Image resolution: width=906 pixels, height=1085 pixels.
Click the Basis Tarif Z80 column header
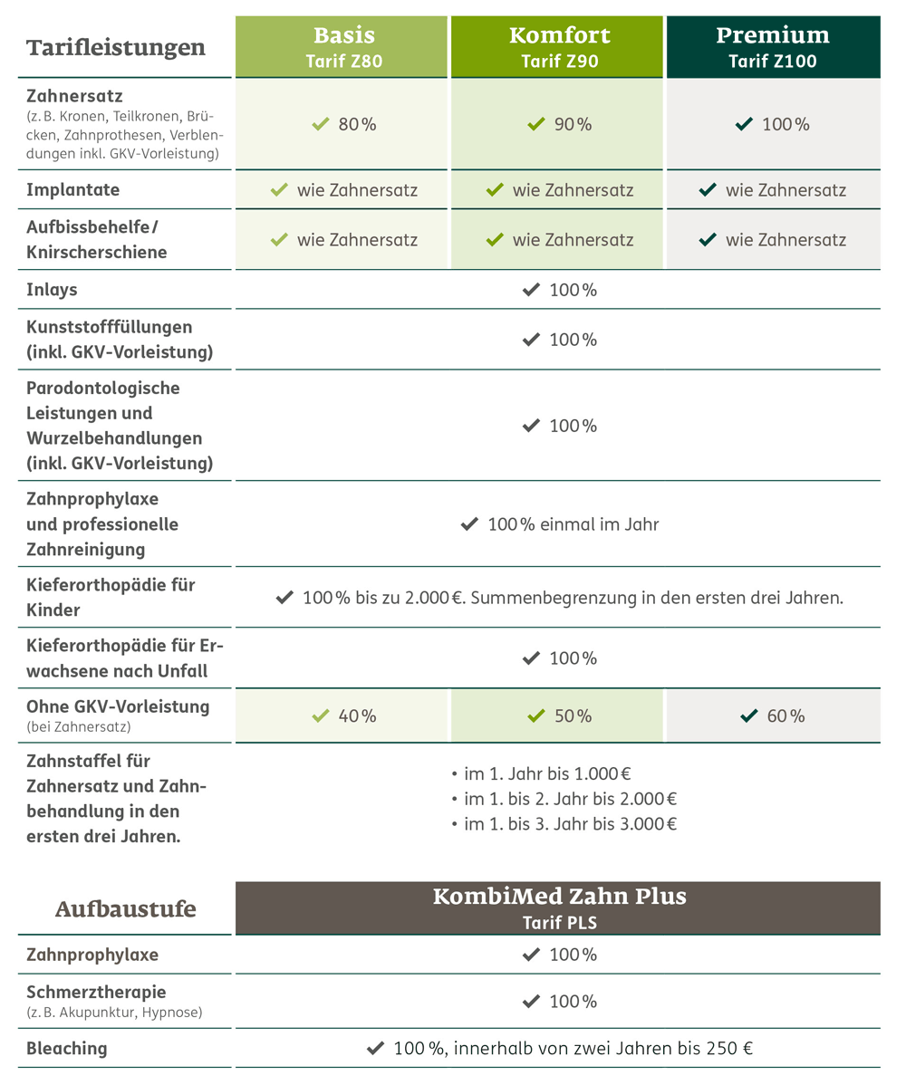[342, 46]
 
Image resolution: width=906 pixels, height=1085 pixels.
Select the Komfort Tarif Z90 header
[558, 46]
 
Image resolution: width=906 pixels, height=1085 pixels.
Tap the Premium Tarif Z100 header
[773, 46]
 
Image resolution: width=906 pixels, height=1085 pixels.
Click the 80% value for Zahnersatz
[356, 124]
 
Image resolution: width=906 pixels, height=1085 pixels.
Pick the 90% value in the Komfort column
[572, 124]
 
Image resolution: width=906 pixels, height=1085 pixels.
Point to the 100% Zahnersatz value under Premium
[785, 124]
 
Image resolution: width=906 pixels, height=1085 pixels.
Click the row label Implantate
[73, 190]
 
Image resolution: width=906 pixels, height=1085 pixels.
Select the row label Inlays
[53, 290]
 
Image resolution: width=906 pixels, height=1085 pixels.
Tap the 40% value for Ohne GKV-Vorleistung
[356, 715]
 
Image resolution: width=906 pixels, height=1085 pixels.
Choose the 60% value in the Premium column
[785, 715]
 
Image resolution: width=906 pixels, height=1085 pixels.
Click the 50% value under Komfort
[572, 715]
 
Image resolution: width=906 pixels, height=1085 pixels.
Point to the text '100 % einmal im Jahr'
[573, 523]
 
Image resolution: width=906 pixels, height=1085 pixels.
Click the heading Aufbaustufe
[126, 908]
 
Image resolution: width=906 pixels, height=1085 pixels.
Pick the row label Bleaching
[67, 1048]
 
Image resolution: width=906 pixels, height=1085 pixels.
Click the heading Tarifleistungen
[116, 47]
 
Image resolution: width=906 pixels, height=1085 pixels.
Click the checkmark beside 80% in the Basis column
[319, 124]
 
